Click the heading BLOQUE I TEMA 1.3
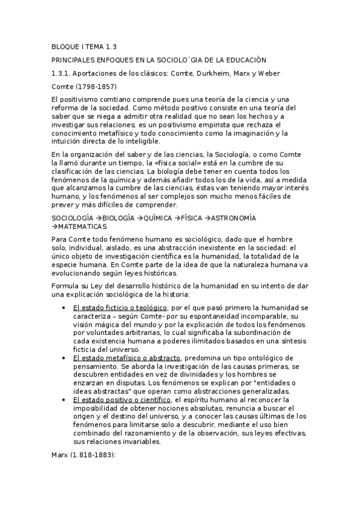84,46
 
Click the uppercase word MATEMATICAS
82,226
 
